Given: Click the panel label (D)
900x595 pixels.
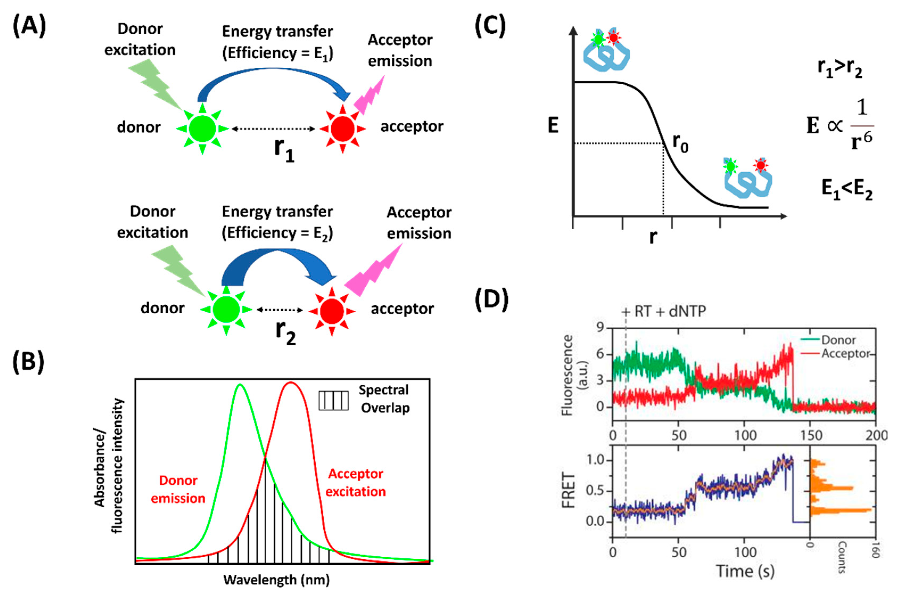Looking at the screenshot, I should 491,299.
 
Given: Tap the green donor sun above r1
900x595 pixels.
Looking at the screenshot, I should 202,129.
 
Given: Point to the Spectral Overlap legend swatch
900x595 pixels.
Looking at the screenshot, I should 333,400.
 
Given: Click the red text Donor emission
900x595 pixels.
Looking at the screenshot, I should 178,489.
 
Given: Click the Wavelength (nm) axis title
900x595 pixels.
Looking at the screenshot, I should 276,580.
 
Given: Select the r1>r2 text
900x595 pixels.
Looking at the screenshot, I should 840,68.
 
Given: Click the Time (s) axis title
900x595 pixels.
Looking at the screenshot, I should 745,571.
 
